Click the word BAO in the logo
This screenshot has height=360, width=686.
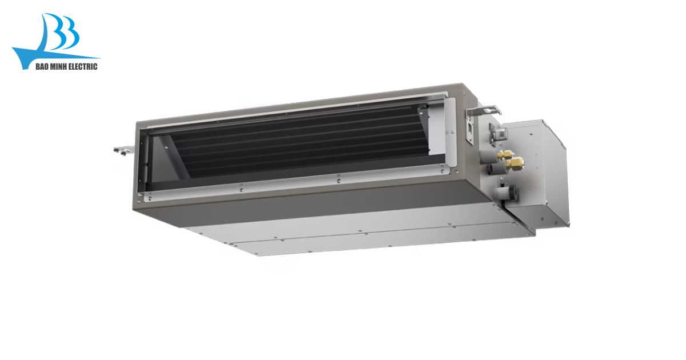[42, 67]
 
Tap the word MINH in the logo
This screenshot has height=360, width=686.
[58, 67]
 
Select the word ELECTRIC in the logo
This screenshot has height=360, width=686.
[82, 67]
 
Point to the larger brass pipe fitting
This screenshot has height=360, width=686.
[515, 162]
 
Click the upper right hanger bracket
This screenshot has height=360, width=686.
[484, 110]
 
